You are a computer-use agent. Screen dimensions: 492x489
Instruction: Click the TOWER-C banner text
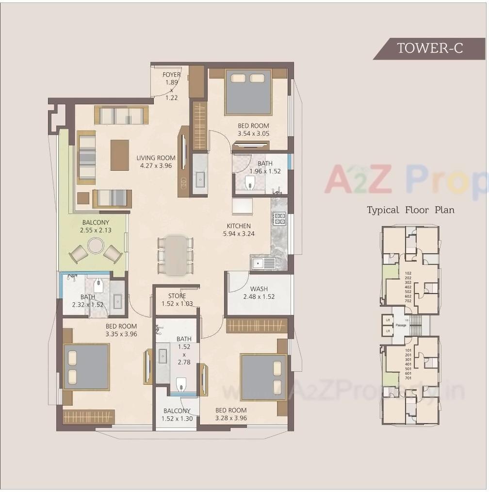[430, 49]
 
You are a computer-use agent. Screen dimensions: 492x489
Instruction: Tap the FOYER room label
[171, 75]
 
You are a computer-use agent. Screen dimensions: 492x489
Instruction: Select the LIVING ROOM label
[156, 158]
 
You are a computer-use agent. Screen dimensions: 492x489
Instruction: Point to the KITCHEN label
[239, 226]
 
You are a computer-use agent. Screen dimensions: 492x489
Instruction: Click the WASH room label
[259, 289]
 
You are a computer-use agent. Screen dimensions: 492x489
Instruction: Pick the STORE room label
[177, 296]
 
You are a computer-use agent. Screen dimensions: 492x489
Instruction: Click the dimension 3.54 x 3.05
[253, 133]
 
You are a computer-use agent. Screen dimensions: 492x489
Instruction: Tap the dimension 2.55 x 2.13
[96, 230]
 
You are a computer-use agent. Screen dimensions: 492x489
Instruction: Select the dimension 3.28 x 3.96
[231, 418]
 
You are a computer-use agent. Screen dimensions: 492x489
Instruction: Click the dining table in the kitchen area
[176, 254]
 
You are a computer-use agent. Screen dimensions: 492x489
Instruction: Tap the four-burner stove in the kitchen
[279, 219]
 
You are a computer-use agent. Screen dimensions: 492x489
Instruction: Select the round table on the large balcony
[96, 246]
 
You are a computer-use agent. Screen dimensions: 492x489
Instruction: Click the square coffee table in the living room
[119, 155]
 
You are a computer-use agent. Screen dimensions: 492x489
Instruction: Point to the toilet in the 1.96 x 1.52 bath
[250, 182]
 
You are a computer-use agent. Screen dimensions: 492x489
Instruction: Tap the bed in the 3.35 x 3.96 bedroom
[86, 366]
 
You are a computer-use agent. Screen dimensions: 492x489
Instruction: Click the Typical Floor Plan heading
[410, 210]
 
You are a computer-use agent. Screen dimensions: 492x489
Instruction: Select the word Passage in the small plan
[401, 325]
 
